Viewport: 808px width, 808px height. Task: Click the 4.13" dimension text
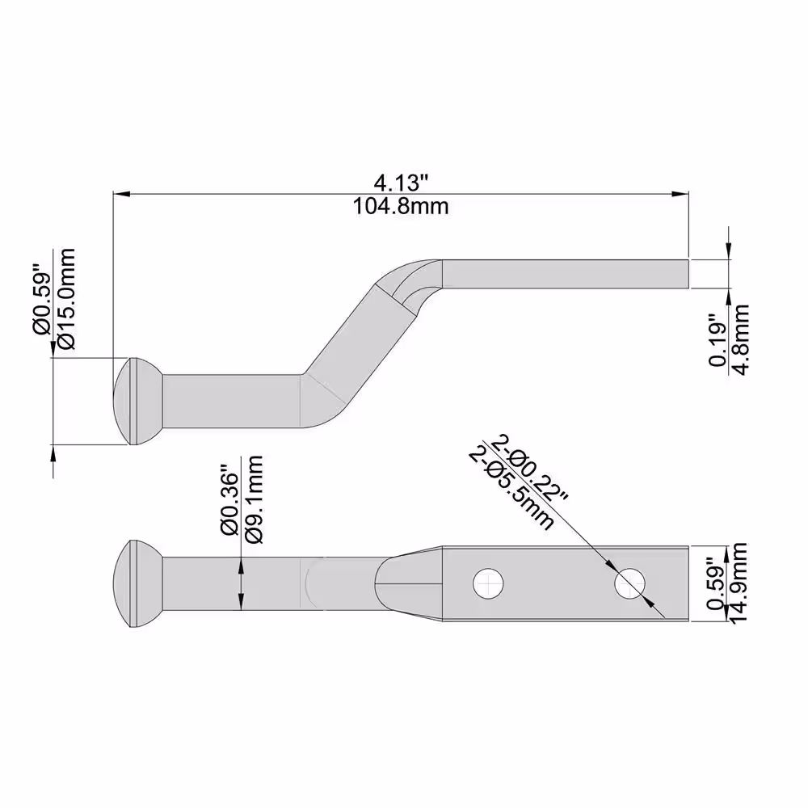[401, 183]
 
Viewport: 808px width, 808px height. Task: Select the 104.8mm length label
[401, 207]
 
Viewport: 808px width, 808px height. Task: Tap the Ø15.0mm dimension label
[67, 300]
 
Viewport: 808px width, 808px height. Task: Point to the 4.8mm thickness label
[741, 340]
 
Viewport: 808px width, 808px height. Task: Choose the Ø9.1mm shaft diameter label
[255, 500]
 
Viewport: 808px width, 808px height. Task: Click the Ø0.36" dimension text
[230, 501]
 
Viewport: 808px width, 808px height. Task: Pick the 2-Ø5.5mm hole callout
[511, 489]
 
